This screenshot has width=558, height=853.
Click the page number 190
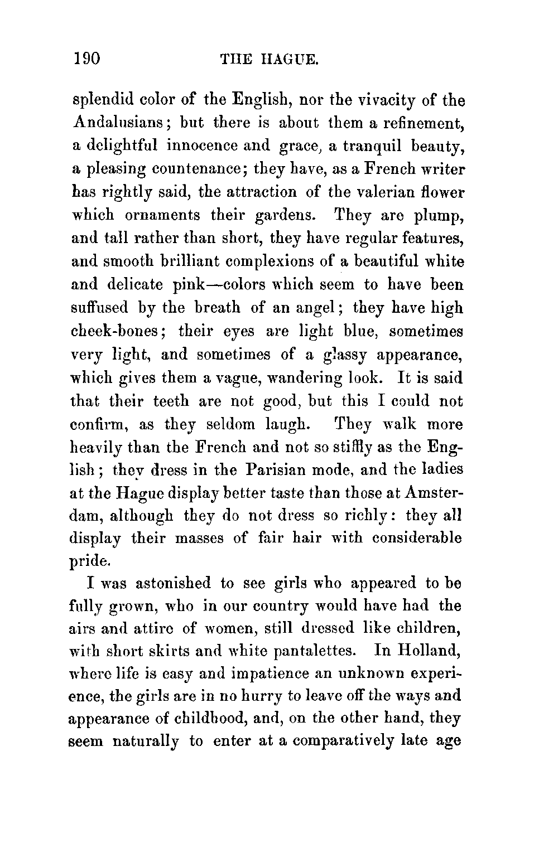pyautogui.click(x=86, y=59)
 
